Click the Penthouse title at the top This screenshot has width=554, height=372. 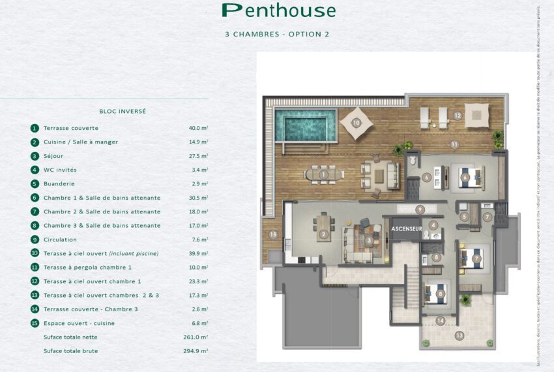click(278, 10)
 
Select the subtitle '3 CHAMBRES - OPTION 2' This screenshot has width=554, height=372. click(277, 34)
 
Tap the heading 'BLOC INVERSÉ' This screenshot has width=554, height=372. click(123, 112)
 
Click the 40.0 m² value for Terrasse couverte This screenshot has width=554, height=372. click(198, 129)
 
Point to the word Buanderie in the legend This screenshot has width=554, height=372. click(60, 184)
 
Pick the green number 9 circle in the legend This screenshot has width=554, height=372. click(35, 240)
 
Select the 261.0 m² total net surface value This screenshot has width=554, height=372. click(196, 337)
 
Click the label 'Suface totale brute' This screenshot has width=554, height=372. click(72, 351)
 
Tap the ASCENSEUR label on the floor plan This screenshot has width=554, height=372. click(407, 229)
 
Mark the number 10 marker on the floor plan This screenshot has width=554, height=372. click(356, 122)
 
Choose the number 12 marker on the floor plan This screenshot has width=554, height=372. click(458, 116)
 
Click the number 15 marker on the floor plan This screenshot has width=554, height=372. click(273, 234)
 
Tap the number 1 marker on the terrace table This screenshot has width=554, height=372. click(323, 174)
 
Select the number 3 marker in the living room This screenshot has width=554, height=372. click(369, 240)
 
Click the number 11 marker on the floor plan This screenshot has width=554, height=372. click(454, 144)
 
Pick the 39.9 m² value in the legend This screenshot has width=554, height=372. click(198, 253)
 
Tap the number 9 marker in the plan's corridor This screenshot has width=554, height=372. click(420, 209)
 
